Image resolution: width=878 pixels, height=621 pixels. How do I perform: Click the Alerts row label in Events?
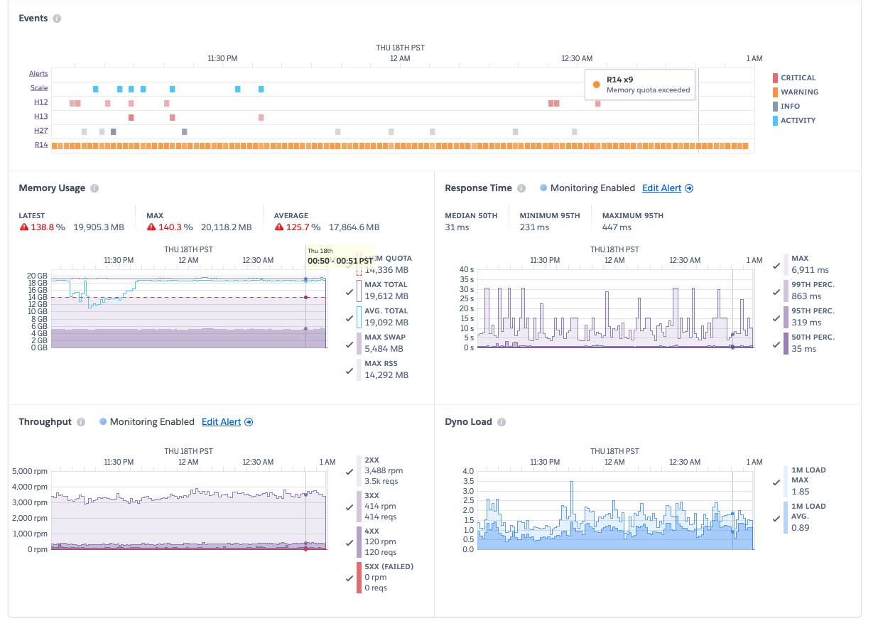point(38,74)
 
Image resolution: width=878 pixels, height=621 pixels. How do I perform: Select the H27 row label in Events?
point(40,131)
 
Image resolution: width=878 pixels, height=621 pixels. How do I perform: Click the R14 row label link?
point(40,145)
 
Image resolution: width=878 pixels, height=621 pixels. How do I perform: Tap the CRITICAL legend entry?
point(798,78)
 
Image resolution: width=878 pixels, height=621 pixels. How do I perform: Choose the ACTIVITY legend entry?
point(798,121)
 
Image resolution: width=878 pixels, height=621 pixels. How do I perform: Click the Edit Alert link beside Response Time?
point(667,188)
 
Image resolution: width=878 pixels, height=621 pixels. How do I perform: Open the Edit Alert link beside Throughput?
point(227,422)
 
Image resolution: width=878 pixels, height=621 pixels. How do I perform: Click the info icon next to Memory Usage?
point(94,188)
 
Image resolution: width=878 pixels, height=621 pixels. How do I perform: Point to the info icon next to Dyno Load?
point(502,422)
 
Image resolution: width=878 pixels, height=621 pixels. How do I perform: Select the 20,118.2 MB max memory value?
point(226,227)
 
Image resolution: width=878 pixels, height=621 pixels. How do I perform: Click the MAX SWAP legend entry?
point(384,342)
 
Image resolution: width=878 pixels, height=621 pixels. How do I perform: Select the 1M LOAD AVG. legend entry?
point(808,516)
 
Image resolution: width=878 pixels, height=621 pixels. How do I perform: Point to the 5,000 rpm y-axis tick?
point(30,472)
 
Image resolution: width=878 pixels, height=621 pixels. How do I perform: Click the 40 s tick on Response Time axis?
point(466,270)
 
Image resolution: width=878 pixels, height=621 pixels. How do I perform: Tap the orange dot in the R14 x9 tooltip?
point(596,85)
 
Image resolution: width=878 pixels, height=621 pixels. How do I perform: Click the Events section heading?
point(33,18)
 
